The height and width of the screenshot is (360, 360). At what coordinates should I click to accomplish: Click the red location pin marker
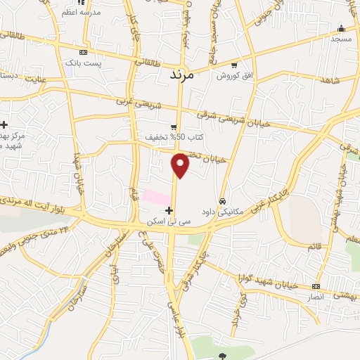pyautogui.click(x=181, y=165)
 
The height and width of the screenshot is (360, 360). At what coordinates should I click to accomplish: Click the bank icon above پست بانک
pyautogui.click(x=84, y=52)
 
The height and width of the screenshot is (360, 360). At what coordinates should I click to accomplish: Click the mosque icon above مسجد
pyautogui.click(x=342, y=28)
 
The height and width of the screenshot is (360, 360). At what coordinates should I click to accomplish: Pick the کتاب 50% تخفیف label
pyautogui.click(x=168, y=136)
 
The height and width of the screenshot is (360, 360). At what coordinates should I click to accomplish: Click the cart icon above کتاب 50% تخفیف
pyautogui.click(x=174, y=127)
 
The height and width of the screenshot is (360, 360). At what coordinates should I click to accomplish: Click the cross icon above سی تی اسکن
pyautogui.click(x=169, y=210)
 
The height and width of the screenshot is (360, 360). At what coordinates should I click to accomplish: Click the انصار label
pyautogui.click(x=311, y=296)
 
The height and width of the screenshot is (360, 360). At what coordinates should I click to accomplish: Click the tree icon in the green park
pyautogui.click(x=223, y=356)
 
